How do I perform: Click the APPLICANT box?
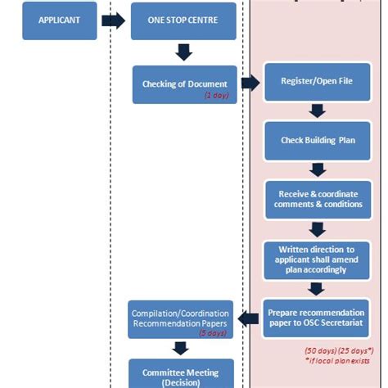coord(59,20)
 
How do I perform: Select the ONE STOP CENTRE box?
coord(183,20)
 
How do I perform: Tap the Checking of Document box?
coord(184,84)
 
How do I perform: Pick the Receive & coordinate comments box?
coord(318,199)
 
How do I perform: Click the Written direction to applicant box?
coord(318,259)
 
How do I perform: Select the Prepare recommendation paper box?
coord(318,318)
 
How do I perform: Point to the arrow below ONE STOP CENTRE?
coord(184,52)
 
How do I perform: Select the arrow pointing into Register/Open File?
coord(250,83)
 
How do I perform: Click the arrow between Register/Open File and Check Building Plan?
coord(318,111)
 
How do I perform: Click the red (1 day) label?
coord(216,96)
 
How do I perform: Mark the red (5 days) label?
coord(213,333)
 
